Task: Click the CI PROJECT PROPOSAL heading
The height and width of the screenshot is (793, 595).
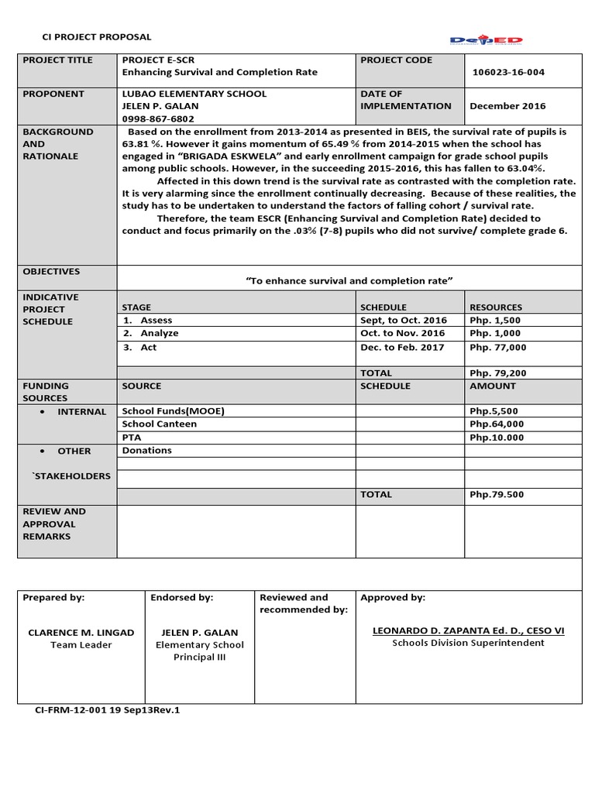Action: pos(95,37)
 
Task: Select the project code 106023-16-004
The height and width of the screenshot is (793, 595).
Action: pos(508,73)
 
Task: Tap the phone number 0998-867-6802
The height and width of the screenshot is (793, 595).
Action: pos(158,118)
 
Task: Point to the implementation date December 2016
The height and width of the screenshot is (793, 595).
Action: pos(507,106)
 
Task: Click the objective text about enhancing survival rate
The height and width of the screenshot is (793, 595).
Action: pos(349,280)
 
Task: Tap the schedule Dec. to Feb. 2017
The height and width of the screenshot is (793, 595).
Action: pos(402,347)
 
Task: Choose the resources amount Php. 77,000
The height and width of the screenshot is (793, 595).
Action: pos(497,347)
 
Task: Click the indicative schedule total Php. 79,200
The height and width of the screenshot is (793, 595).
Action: pos(497,372)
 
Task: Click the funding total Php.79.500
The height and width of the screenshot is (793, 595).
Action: pos(497,494)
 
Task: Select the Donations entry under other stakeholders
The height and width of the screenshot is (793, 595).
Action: pos(147,450)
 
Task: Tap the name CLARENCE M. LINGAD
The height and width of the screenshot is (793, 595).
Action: pos(81,632)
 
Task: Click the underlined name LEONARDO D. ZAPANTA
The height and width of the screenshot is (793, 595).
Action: pos(469,631)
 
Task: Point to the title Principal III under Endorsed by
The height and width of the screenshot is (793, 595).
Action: pos(200,657)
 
